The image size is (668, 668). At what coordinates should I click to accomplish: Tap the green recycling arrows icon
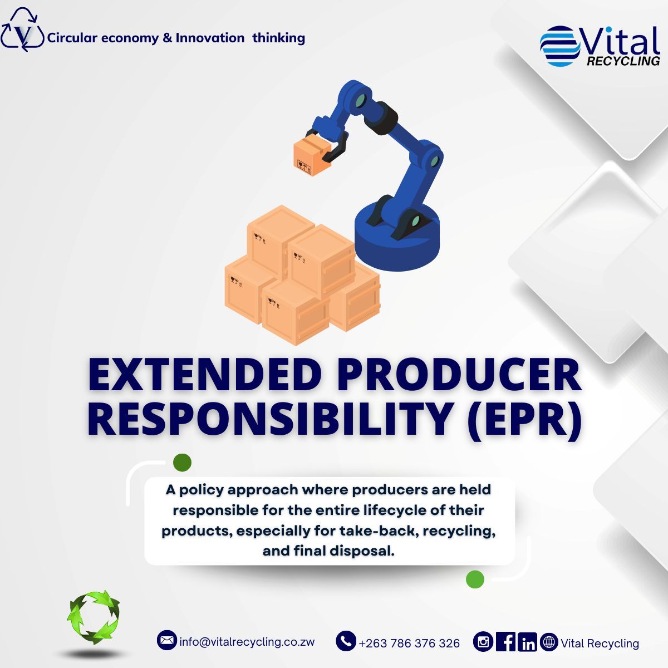click(x=94, y=617)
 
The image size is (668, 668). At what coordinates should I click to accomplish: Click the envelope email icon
click(x=166, y=641)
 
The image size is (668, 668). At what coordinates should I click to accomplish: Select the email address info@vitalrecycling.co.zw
click(x=247, y=642)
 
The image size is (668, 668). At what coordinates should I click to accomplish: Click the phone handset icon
click(x=346, y=641)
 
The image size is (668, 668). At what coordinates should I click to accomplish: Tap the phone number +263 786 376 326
click(x=409, y=644)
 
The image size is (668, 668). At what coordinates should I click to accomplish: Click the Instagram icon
click(x=483, y=642)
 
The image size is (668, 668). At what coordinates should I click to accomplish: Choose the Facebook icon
click(x=505, y=642)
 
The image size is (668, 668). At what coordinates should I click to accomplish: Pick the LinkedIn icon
click(x=527, y=643)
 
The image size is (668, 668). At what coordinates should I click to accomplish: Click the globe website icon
click(x=549, y=642)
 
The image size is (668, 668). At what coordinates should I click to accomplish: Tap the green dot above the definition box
click(x=182, y=462)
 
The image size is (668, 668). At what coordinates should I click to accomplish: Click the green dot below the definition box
click(x=475, y=579)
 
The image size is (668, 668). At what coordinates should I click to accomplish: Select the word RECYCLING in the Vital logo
click(x=623, y=61)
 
